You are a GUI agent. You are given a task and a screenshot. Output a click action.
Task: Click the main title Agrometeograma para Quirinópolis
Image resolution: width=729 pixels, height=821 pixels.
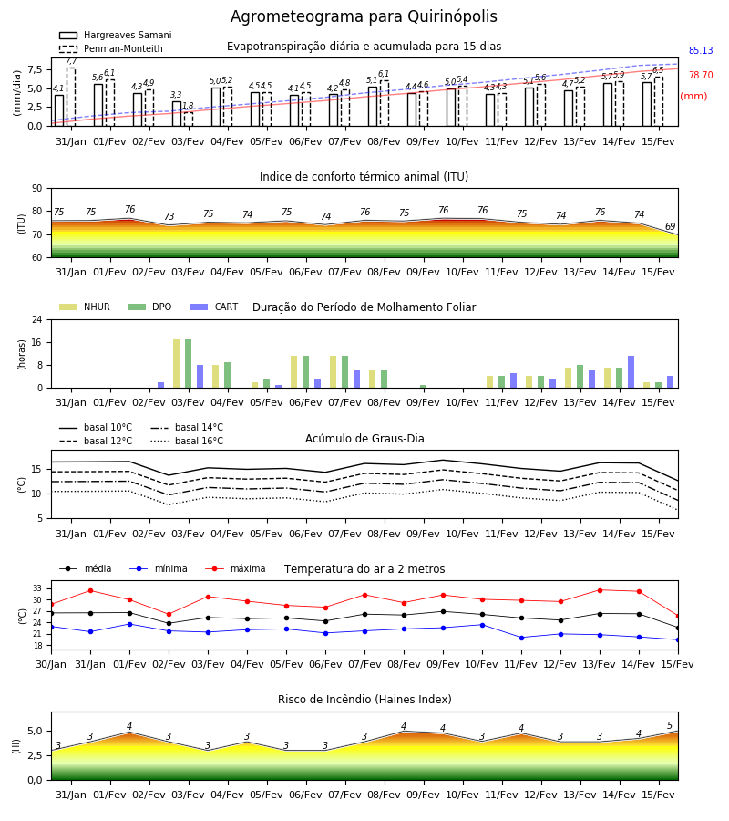[364, 16]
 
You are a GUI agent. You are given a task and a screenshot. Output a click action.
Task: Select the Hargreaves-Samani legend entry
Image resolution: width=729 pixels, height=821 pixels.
[116, 35]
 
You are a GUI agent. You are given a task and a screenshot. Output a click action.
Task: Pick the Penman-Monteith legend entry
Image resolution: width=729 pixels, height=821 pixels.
[111, 48]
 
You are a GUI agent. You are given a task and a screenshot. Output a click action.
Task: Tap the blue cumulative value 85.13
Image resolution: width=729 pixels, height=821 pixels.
[701, 50]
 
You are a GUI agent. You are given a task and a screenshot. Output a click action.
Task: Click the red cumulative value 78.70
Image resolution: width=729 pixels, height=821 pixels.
[701, 75]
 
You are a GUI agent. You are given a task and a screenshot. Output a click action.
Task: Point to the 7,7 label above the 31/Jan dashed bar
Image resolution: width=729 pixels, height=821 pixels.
[71, 61]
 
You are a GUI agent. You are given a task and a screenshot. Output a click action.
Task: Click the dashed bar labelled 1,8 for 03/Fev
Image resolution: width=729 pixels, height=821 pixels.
[189, 119]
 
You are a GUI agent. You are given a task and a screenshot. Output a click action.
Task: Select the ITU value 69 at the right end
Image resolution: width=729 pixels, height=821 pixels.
[670, 226]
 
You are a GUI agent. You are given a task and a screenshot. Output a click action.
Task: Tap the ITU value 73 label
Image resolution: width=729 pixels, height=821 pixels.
[169, 216]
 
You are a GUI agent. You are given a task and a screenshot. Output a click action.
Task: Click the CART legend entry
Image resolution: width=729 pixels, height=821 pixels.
[214, 307]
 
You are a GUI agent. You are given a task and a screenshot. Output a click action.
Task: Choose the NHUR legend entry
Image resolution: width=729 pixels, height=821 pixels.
[85, 307]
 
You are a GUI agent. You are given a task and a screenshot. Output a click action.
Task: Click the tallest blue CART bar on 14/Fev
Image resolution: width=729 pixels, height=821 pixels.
[631, 372]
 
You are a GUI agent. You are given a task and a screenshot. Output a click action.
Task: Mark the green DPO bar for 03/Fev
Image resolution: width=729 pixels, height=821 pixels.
[189, 364]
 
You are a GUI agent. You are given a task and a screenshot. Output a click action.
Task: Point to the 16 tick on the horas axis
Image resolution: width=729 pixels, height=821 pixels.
[37, 342]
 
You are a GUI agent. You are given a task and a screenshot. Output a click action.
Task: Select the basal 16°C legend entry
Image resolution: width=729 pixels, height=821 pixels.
[187, 441]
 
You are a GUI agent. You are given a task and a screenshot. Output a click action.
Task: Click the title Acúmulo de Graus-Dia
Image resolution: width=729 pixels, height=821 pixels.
[364, 438]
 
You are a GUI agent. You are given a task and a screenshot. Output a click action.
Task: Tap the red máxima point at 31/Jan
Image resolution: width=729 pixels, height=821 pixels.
[90, 590]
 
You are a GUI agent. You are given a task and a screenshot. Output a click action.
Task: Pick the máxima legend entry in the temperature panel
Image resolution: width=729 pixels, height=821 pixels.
[235, 568]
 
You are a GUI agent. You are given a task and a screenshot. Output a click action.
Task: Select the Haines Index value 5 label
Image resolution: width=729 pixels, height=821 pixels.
[670, 726]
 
